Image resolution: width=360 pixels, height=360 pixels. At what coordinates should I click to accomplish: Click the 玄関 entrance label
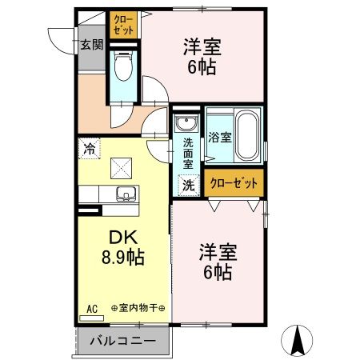[91, 45]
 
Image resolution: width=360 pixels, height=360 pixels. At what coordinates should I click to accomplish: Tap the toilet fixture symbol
[123, 67]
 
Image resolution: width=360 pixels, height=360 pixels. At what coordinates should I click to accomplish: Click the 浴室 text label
[220, 137]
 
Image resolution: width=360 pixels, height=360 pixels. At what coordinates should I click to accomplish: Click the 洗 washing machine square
[187, 183]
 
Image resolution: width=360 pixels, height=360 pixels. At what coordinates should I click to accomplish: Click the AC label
[91, 307]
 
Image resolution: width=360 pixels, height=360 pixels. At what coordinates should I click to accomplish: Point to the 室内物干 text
[138, 307]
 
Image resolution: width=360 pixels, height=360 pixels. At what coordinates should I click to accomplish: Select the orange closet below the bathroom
[234, 183]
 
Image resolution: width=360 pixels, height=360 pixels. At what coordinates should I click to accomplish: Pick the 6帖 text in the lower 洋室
[216, 272]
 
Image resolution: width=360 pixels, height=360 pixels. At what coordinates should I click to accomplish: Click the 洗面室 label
[188, 153]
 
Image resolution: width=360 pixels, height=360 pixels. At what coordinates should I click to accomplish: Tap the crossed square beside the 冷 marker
[123, 168]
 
